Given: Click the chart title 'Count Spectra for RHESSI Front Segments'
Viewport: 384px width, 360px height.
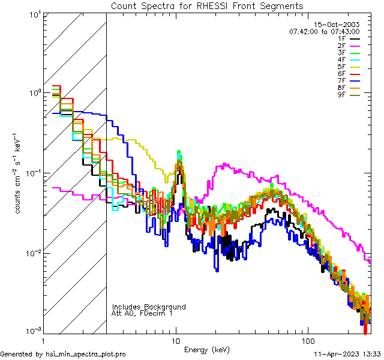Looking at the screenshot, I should (x=207, y=5).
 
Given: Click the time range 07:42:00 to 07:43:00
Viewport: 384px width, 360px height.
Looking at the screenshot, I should (x=324, y=31).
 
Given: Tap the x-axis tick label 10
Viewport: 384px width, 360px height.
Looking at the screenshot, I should (x=175, y=340).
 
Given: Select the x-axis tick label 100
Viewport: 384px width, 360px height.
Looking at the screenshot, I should (x=307, y=340).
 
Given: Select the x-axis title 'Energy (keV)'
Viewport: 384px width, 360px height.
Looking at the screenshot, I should (x=207, y=349).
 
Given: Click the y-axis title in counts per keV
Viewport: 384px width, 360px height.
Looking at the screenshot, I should (x=20, y=173).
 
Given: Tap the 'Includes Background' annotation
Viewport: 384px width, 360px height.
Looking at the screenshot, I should (x=149, y=307).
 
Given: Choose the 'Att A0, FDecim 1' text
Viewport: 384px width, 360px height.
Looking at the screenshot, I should (x=142, y=313).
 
